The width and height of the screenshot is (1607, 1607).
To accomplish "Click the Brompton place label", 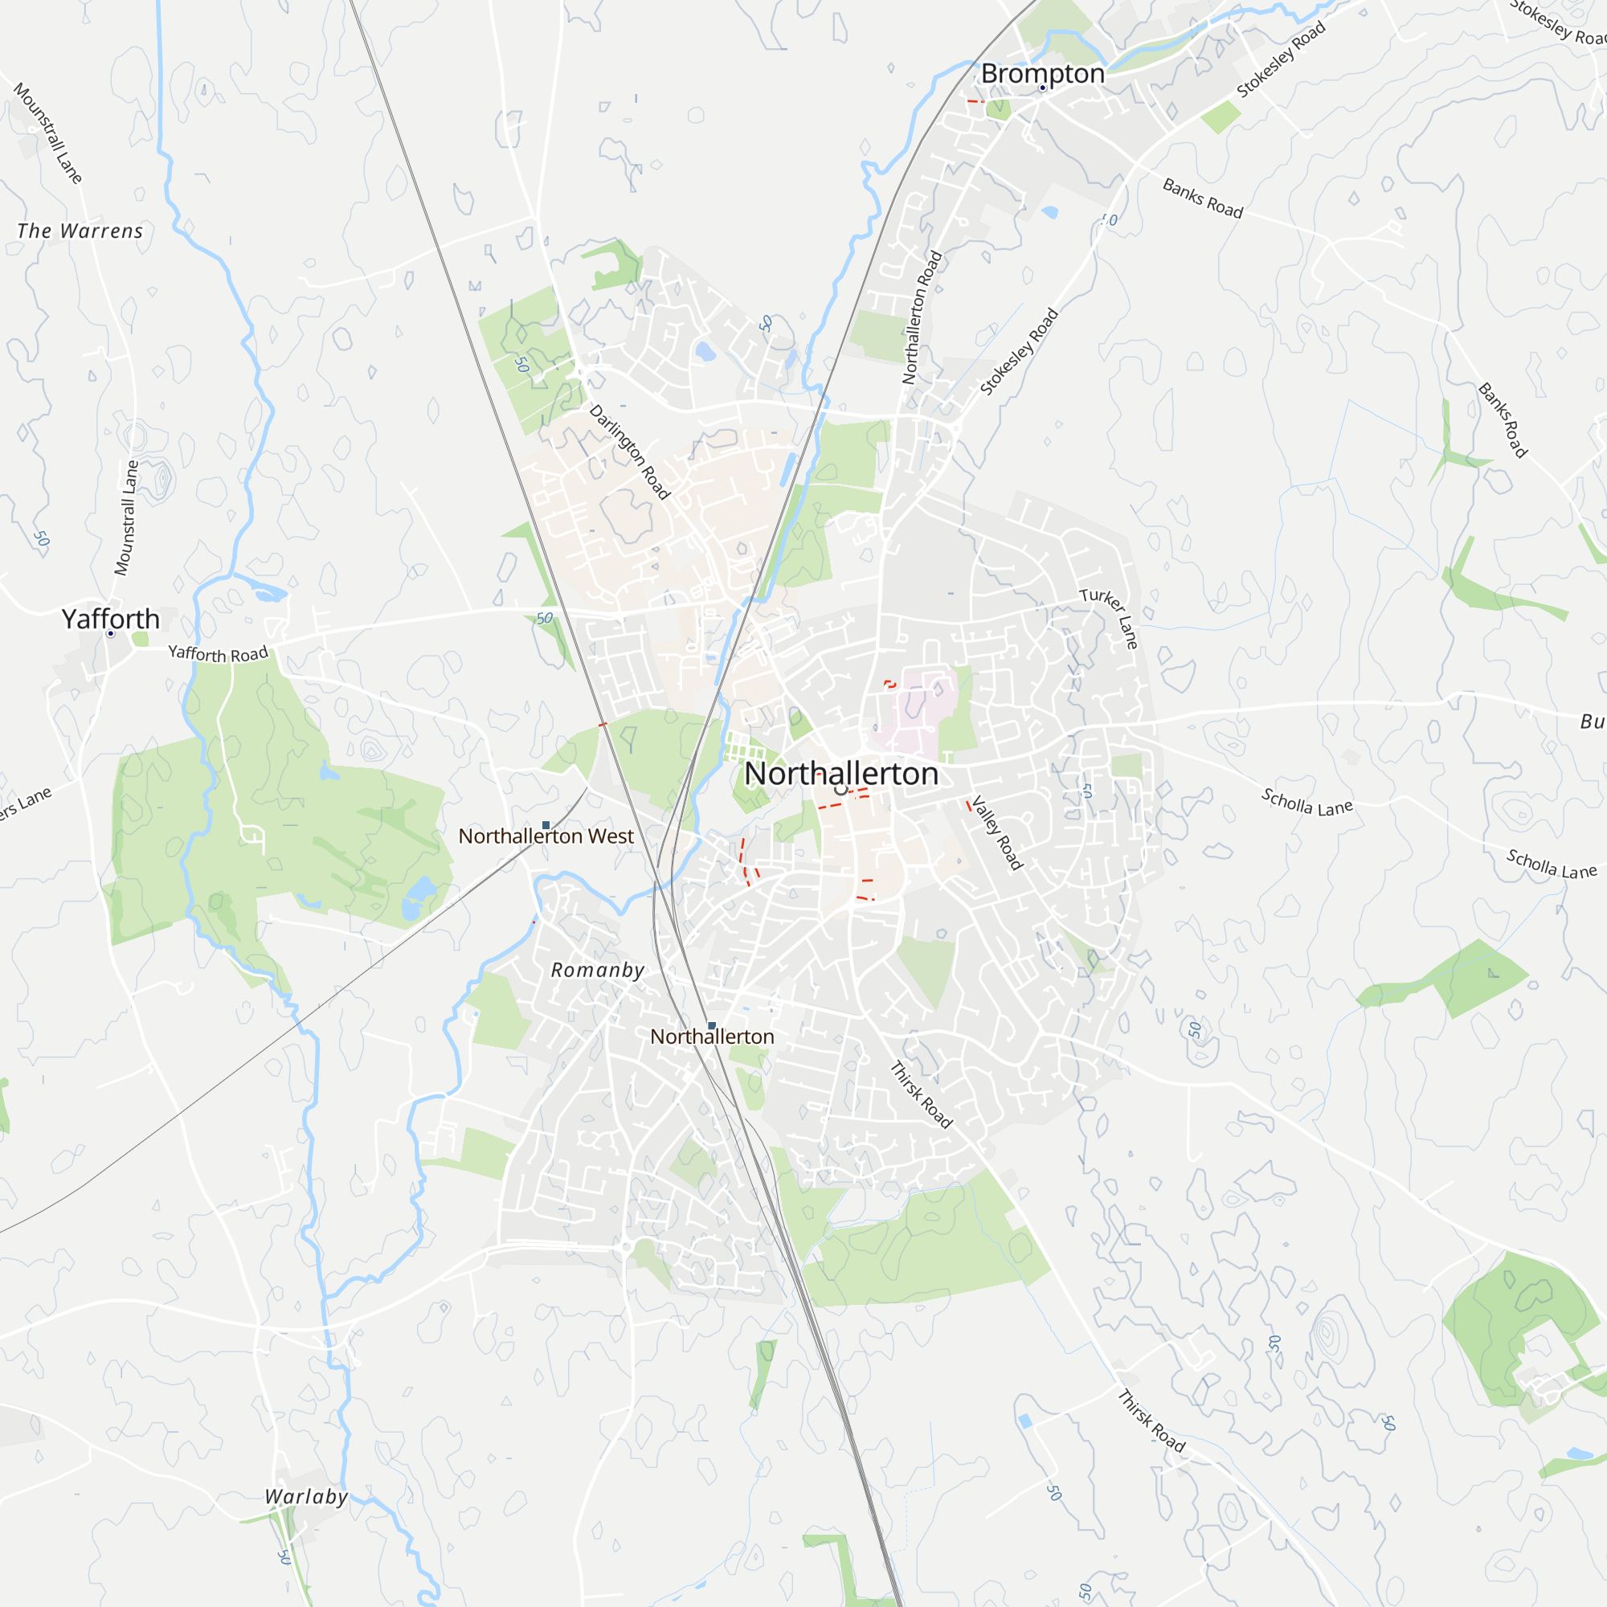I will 1042,73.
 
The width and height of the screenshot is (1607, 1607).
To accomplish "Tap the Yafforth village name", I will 111,619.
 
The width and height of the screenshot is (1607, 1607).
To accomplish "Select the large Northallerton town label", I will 841,774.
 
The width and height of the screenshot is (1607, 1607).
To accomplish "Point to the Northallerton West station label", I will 546,836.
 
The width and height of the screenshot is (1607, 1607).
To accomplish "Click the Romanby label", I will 597,970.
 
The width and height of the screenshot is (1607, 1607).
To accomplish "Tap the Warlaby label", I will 306,1497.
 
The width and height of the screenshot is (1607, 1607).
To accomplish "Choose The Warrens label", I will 80,231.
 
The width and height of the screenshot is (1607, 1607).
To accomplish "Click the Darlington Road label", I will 630,452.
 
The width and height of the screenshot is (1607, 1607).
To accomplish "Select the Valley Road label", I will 996,832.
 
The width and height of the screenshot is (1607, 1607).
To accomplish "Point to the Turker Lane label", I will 1110,617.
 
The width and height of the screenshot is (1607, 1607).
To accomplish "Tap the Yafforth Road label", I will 218,654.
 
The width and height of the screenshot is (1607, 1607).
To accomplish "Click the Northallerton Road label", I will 922,317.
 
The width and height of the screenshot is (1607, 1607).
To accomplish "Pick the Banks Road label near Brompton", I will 1202,198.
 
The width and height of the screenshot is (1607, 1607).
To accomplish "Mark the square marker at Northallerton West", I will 546,825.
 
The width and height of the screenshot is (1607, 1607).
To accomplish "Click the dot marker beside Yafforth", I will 111,634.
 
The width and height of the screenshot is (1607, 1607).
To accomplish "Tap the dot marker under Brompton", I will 1042,88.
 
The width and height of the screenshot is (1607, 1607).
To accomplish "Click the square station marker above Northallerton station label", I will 711,1025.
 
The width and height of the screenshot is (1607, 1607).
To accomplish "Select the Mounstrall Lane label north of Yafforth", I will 126,518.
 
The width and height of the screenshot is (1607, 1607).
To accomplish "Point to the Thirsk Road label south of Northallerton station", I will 921,1094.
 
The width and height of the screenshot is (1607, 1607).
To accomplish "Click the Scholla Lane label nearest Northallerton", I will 1306,802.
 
